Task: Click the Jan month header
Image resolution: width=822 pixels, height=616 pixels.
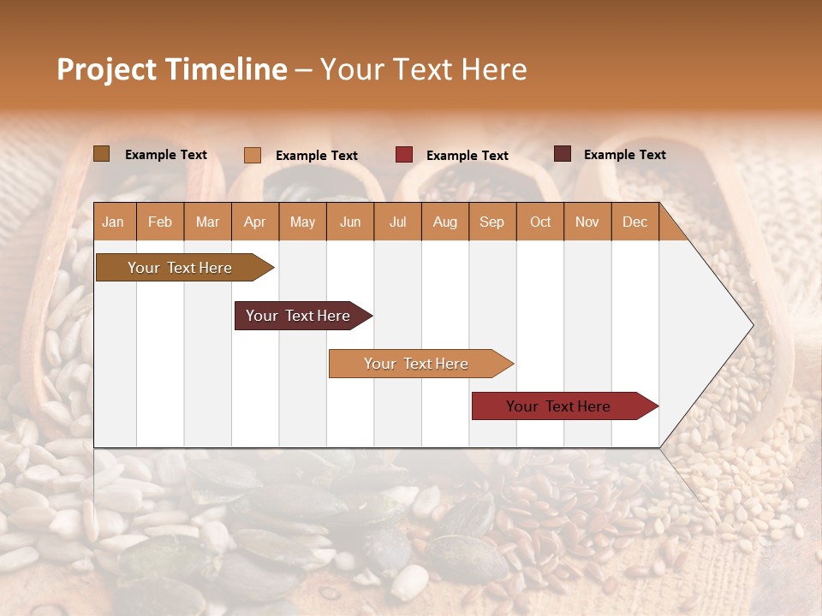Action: coord(113,222)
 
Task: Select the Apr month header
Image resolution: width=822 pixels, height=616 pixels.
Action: coord(254,222)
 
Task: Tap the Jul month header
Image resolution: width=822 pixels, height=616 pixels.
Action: coord(397,222)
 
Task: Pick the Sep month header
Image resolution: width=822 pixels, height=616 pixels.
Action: coord(491,222)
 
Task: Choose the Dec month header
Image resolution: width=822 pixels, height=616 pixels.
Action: coord(634,222)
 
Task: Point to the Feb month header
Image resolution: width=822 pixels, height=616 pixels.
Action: coord(160,222)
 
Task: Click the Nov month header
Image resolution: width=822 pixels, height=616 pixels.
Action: coord(587,222)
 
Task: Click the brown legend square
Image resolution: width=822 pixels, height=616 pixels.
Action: coord(102,154)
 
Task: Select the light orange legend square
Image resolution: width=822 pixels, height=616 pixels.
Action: coord(253,155)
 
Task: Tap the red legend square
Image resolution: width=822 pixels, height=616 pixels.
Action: coord(404,155)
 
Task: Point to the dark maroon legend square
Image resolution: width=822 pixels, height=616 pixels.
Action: coord(563,154)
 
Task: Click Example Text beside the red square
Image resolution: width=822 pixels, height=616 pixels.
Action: coord(467,156)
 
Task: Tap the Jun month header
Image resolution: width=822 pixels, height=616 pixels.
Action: coord(349,222)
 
